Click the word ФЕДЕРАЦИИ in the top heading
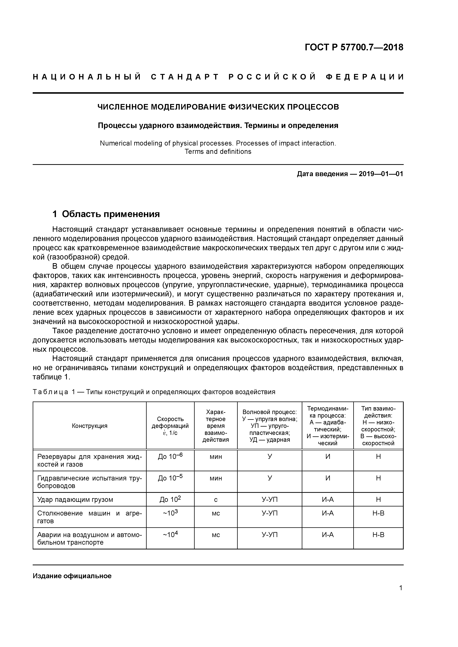point(365,77)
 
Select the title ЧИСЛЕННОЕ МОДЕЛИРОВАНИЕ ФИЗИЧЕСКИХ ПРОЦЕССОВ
point(218,107)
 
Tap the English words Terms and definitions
point(218,152)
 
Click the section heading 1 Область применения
point(106,214)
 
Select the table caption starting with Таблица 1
point(154,392)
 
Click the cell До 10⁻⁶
point(170,456)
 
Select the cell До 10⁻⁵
point(170,478)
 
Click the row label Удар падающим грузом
point(75,500)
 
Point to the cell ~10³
point(170,513)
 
